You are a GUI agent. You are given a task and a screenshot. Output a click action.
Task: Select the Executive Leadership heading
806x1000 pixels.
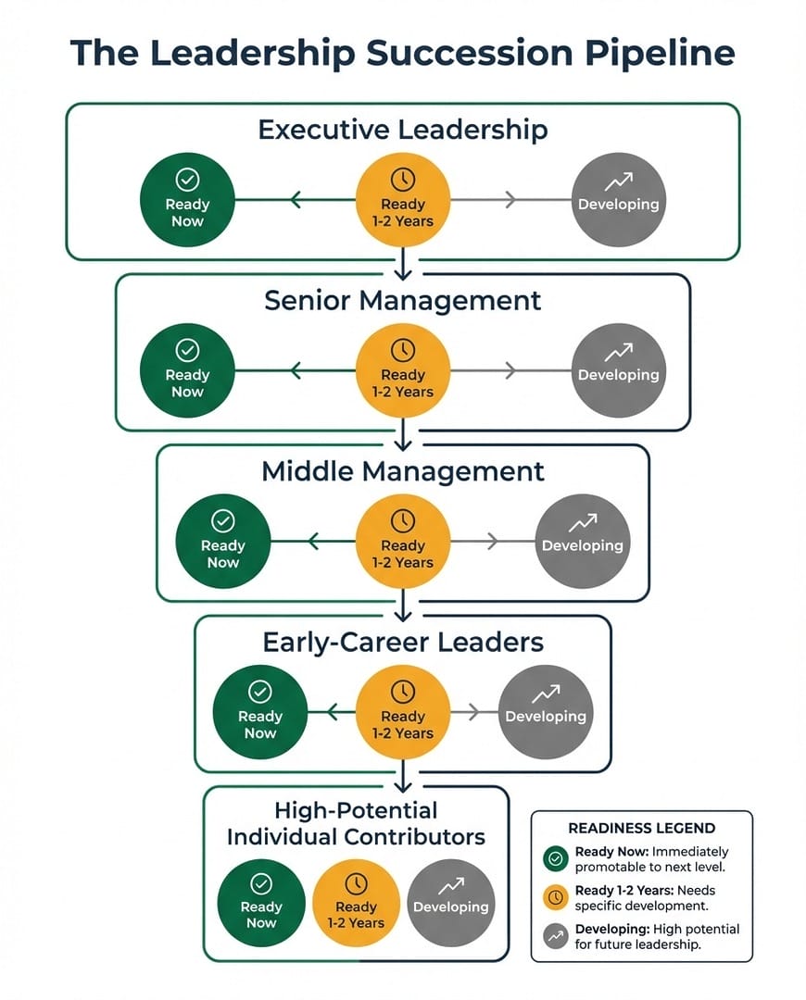pos(403,129)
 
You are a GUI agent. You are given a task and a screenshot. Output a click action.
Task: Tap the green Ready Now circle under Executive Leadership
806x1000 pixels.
pos(187,200)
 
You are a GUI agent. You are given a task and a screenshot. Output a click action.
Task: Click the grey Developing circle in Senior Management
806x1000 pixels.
pos(619,371)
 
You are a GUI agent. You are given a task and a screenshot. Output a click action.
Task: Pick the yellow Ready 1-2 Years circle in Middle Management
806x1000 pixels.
pos(403,542)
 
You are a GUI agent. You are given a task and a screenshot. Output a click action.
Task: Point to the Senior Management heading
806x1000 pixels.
pos(403,300)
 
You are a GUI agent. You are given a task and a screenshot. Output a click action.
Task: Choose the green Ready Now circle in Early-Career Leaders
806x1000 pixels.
pos(260,712)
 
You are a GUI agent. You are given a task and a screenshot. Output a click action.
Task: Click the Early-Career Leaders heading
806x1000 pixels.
pos(403,642)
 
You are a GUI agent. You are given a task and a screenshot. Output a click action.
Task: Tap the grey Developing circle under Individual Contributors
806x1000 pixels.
pos(450,905)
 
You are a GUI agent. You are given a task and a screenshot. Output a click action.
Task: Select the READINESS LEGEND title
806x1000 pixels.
pos(641,829)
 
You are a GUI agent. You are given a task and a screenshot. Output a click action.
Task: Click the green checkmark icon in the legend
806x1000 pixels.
pos(556,859)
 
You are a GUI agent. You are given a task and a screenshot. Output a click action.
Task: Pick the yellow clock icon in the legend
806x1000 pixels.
pos(556,897)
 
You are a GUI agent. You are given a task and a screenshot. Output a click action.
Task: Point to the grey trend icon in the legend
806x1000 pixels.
pos(556,936)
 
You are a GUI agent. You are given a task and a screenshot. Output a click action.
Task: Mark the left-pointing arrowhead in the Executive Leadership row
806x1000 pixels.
pos(296,199)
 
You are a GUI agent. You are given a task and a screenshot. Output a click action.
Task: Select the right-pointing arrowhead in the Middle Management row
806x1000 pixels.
pos(491,541)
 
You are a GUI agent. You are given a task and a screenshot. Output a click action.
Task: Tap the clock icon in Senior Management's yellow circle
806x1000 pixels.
pos(403,350)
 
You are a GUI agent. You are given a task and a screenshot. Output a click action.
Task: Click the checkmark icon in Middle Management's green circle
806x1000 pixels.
pos(223,520)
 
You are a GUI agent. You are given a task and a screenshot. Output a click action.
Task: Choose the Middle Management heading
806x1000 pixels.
pos(403,471)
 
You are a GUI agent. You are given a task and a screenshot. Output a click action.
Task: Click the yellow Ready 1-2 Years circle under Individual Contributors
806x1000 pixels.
pos(356,905)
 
